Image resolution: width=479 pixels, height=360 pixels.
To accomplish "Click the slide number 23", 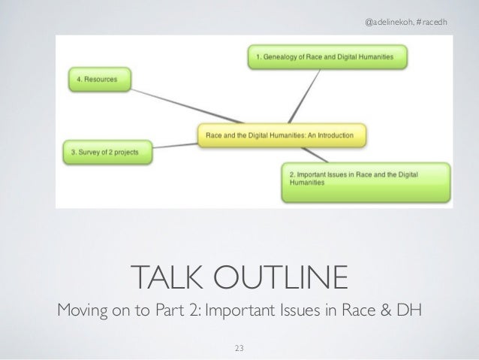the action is [239, 346].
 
